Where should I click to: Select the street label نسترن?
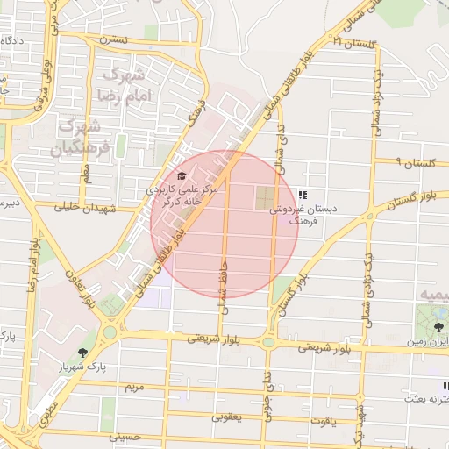(113, 39)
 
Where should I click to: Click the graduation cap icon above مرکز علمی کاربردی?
(182, 175)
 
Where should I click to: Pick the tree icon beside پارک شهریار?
(82, 353)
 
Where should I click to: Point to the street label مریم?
(134, 387)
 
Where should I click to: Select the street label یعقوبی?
(225, 417)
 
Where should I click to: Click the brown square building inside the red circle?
(264, 198)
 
